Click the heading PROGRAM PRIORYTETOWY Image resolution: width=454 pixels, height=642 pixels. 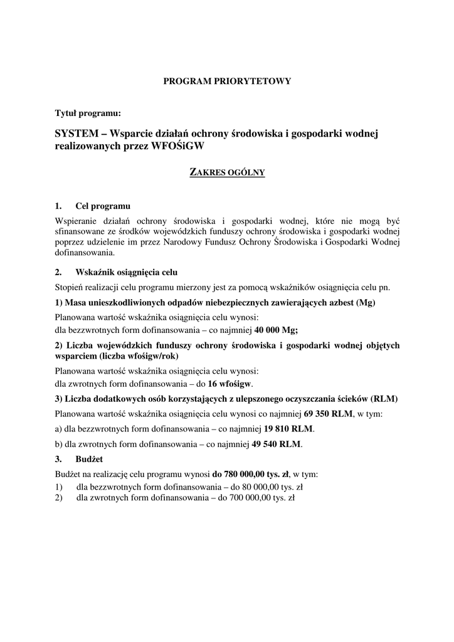[227, 81]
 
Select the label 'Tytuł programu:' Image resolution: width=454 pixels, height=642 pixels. [88, 113]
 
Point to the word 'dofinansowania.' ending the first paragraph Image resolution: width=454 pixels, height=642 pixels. [85, 254]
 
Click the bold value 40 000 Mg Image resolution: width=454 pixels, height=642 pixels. [276, 329]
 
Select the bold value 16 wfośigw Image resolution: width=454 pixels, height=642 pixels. [230, 384]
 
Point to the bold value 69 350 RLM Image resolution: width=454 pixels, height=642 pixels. [329, 414]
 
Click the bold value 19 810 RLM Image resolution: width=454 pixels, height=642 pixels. [288, 429]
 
